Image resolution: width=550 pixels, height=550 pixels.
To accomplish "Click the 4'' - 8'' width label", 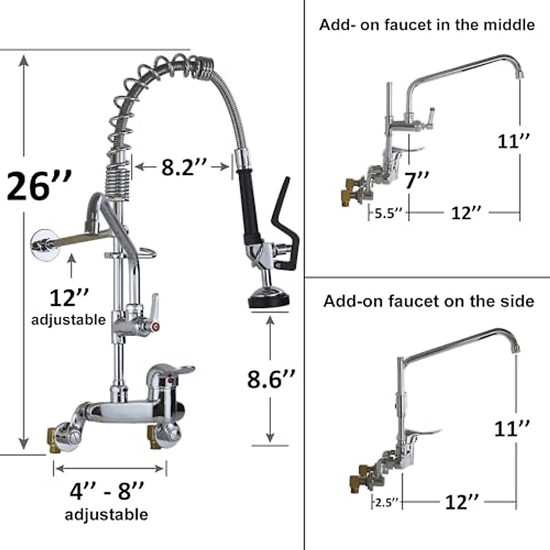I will point(106,491).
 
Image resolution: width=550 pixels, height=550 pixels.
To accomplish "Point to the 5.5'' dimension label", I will point(388,213).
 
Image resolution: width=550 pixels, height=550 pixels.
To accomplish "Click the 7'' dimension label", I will point(417,180).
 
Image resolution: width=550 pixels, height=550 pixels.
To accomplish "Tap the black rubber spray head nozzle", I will point(269,300).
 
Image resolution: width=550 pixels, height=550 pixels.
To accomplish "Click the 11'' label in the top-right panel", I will point(514,141).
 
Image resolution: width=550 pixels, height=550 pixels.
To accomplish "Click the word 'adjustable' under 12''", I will point(68,319).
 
